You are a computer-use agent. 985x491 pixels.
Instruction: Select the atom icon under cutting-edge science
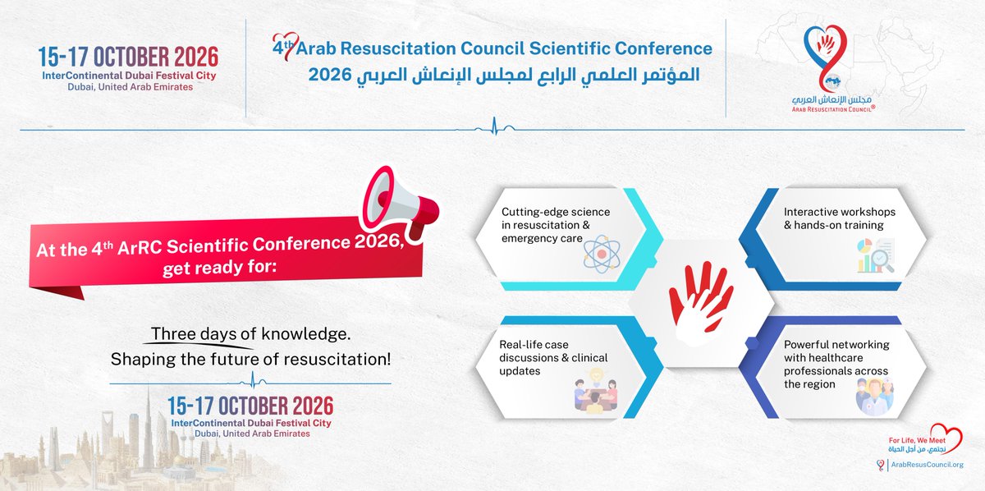[604, 255]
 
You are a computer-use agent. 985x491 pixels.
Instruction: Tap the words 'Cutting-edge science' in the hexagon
[556, 211]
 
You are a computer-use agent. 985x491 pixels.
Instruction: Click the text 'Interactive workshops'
[839, 211]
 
